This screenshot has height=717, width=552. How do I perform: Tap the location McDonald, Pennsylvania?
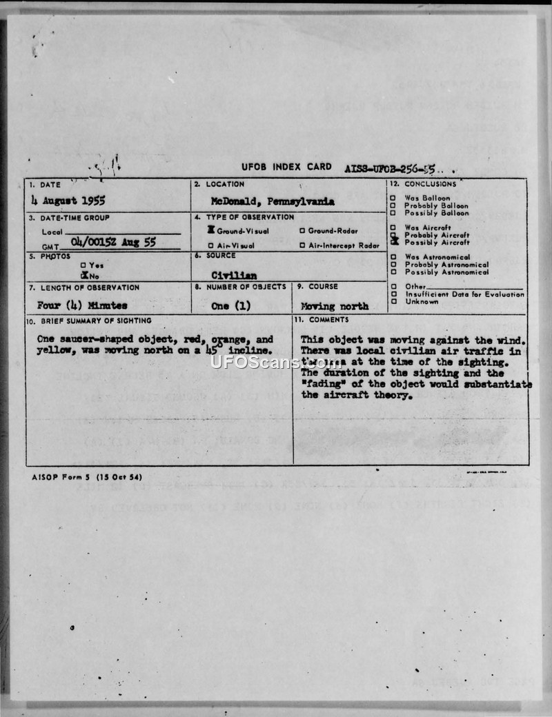tap(273, 202)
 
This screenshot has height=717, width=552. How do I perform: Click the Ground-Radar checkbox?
tap(302, 231)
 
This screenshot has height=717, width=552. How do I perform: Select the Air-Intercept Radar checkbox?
tap(302, 245)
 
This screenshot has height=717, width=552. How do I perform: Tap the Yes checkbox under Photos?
tap(83, 265)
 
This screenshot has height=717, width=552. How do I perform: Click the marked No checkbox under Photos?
tap(83, 274)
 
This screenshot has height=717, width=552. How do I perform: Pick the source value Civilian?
tap(234, 274)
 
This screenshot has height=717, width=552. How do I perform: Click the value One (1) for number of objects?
tap(231, 305)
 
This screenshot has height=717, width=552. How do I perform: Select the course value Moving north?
tap(335, 305)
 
